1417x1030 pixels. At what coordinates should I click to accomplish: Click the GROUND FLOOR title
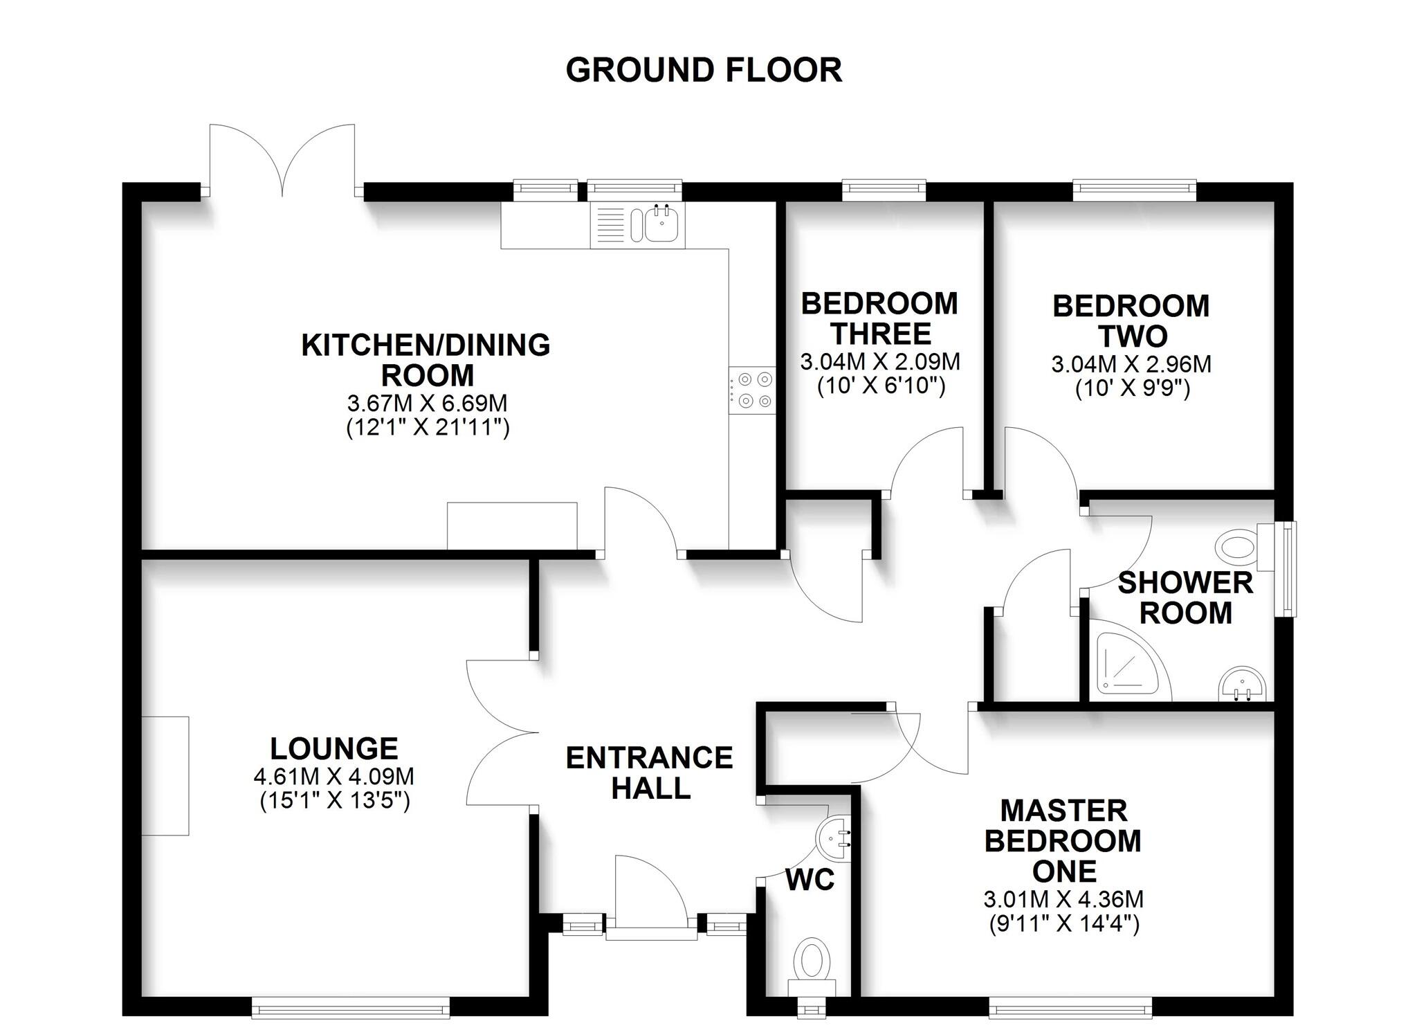point(704,71)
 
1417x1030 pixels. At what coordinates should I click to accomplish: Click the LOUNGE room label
point(334,748)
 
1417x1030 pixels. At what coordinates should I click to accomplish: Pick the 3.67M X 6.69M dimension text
point(428,403)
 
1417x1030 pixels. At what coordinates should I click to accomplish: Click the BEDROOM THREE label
point(880,318)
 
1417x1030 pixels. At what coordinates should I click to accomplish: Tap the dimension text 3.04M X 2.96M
point(1131,364)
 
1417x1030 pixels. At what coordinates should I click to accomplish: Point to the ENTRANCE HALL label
point(650,773)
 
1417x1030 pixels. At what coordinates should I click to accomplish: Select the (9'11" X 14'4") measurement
point(1063,923)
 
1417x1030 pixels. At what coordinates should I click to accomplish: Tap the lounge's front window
point(350,1007)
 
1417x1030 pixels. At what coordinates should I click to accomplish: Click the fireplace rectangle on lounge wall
point(165,775)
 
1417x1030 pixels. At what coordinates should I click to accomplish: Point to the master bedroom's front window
point(1070,1007)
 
